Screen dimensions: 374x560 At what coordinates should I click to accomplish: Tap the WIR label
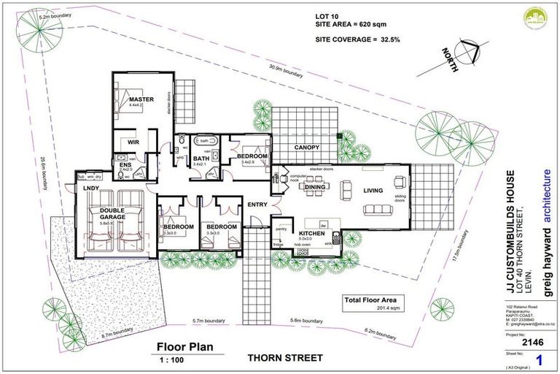[133, 142]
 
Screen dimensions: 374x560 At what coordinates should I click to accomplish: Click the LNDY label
[91, 188]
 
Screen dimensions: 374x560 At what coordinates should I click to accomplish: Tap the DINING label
[315, 188]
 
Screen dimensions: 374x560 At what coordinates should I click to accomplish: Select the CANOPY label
[307, 148]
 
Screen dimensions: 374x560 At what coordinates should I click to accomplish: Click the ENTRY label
[256, 205]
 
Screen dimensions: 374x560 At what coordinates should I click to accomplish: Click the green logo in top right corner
[540, 20]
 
